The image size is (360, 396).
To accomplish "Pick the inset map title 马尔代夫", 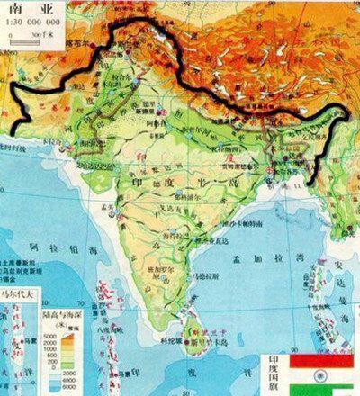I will [19, 292].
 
